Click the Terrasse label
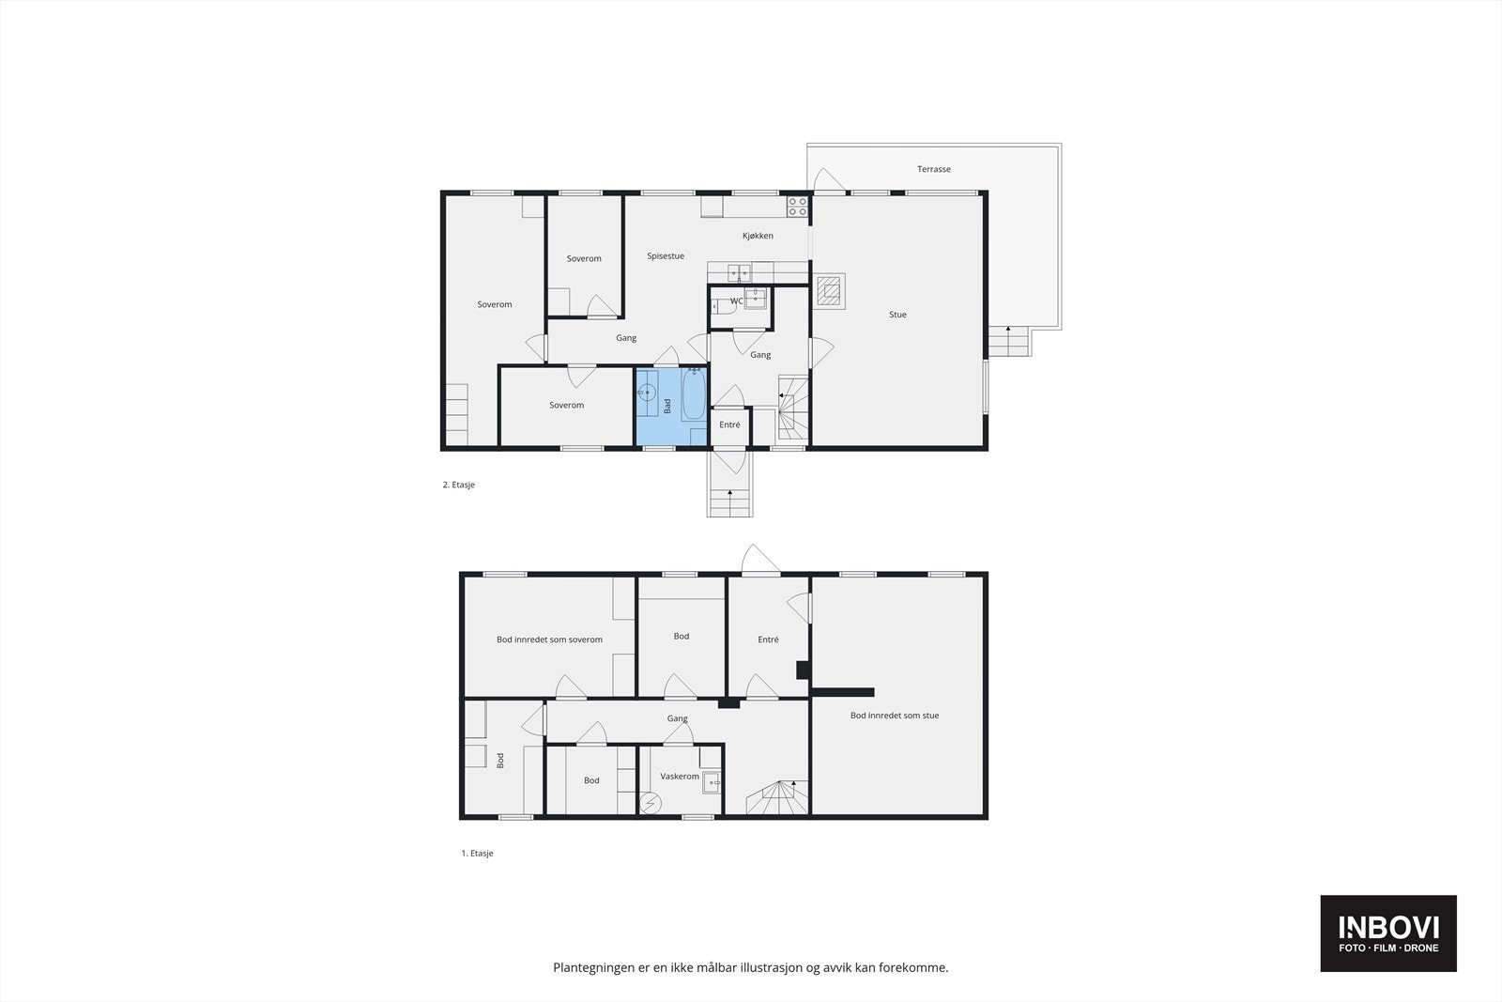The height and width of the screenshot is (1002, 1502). (933, 169)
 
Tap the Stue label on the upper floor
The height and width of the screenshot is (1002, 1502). (897, 315)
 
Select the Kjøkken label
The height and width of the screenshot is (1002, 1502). (758, 236)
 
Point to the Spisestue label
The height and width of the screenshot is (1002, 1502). (666, 255)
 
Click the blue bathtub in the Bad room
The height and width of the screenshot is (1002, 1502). (694, 395)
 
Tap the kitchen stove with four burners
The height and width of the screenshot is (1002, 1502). (798, 207)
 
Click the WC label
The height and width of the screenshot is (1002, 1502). (737, 301)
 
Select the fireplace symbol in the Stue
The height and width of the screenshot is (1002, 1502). (829, 291)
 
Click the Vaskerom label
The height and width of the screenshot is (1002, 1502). (680, 777)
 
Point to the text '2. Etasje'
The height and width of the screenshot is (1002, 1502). (458, 485)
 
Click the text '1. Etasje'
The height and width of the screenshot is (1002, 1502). (477, 854)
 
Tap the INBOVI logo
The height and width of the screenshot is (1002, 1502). (1388, 933)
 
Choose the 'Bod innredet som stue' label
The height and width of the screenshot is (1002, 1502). (895, 716)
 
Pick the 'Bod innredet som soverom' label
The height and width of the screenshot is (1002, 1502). (549, 640)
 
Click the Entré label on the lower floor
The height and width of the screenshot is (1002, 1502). (768, 640)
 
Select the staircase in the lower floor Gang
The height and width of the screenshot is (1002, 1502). (777, 797)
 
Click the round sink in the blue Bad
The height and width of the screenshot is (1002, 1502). (648, 393)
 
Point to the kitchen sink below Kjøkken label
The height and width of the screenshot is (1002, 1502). (740, 272)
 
